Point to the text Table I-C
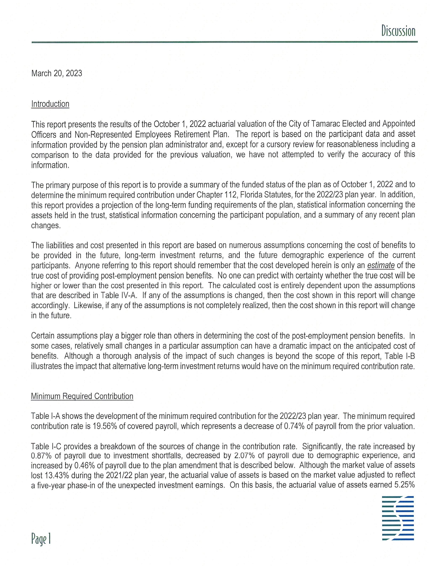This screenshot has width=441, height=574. pyautogui.click(x=43, y=446)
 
